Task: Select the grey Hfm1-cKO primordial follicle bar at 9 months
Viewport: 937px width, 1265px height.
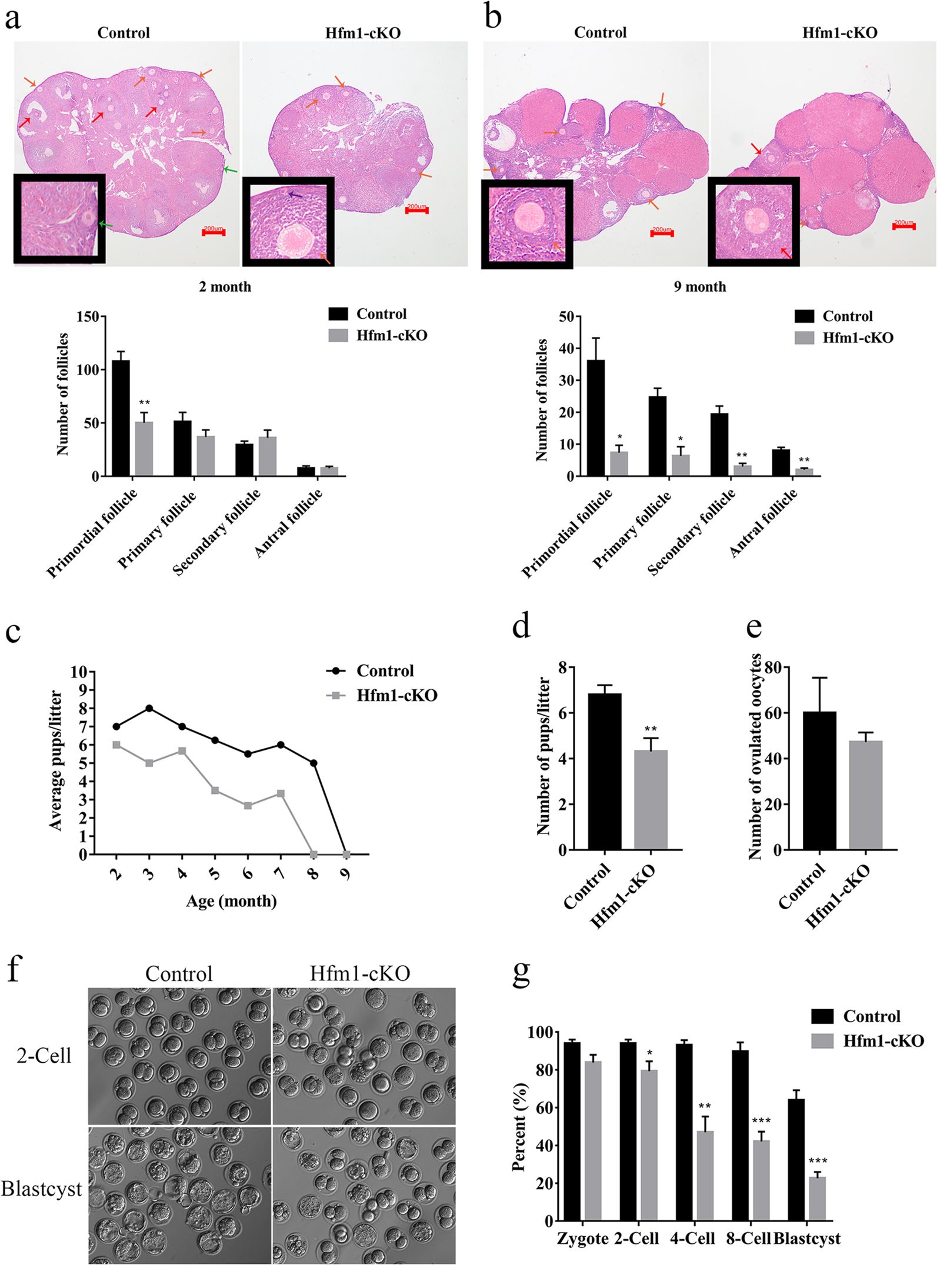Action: pos(619,463)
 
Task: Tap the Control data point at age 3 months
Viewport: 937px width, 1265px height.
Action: pos(149,708)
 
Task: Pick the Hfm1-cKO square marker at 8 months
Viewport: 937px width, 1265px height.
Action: pos(314,854)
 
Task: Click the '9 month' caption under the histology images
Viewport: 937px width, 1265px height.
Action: pos(699,287)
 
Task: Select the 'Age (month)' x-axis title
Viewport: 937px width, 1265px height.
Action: pos(231,901)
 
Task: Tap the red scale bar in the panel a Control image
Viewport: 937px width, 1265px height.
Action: pos(214,233)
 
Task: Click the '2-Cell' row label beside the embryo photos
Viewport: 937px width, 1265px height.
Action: pos(44,1056)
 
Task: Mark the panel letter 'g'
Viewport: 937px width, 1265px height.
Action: pos(522,973)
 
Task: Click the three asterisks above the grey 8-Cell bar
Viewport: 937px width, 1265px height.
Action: pos(761,1121)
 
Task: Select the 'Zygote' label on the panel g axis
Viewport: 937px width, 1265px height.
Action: pos(582,1239)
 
